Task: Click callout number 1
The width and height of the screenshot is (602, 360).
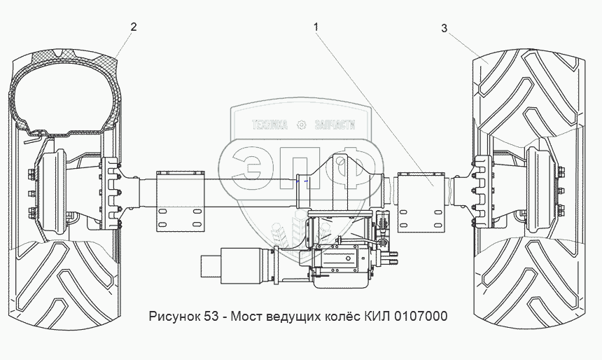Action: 316,27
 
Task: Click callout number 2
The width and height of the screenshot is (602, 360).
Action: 133,27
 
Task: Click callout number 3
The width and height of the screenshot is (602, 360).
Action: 444,29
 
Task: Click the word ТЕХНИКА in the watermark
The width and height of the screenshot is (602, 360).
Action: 269,125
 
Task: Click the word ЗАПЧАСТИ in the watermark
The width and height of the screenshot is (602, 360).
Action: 335,125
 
